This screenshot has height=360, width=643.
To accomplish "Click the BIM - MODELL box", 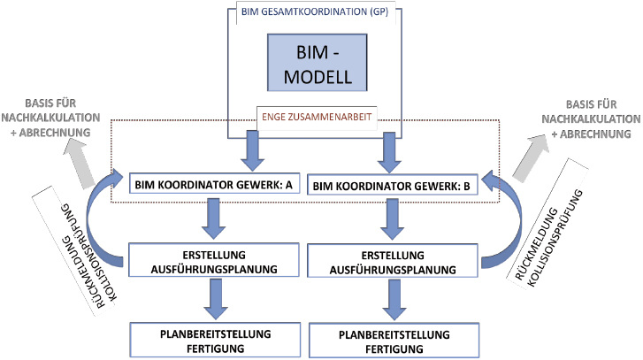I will (322, 67).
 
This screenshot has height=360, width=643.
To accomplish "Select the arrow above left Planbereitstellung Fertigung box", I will (210, 298).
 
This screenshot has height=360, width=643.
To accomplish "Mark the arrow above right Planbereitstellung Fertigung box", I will (392, 300).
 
